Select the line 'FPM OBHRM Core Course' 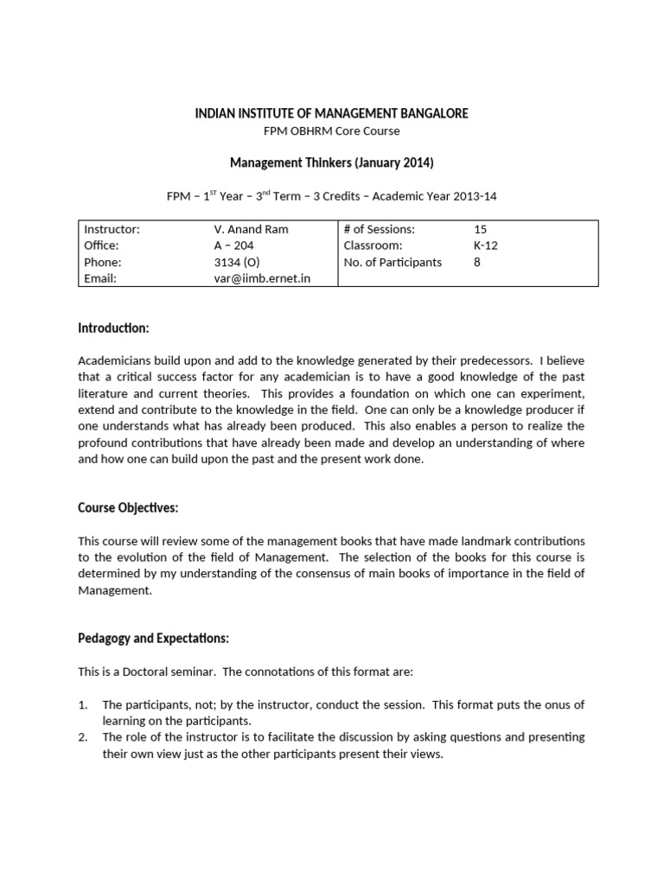(x=331, y=131)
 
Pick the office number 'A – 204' (x=233, y=245)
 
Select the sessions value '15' (x=481, y=229)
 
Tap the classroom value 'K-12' (x=486, y=245)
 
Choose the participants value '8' (x=477, y=262)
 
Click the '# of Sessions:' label (x=379, y=229)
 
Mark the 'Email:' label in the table (x=100, y=278)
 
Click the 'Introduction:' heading (x=113, y=328)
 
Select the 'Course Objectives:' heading (x=128, y=507)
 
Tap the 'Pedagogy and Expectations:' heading (x=153, y=638)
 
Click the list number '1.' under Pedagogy (x=84, y=705)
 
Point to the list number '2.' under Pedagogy (x=84, y=737)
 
